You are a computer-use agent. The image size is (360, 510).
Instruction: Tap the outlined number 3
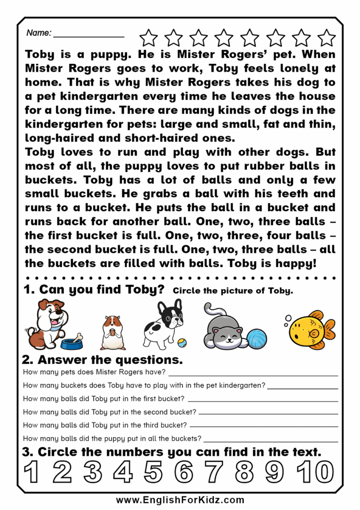(x=92, y=472)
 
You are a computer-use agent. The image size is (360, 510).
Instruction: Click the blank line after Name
(x=89, y=36)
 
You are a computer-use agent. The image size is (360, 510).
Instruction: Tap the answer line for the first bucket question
(x=262, y=401)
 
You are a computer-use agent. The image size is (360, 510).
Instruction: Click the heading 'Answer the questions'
(x=102, y=360)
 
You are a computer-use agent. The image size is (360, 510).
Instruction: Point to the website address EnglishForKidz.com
(x=180, y=500)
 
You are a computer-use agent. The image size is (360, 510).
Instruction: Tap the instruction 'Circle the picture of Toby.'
(x=233, y=291)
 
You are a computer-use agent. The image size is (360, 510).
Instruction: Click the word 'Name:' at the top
(x=38, y=33)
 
